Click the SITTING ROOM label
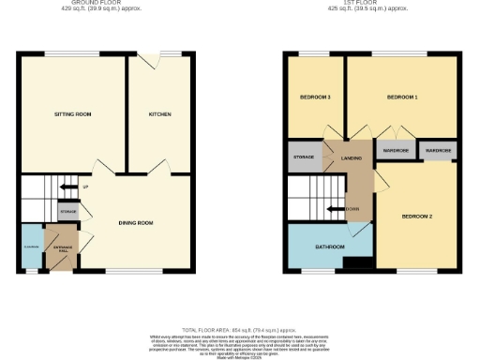pyautogui.click(x=72, y=114)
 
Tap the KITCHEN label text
pyautogui.click(x=159, y=114)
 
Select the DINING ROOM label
pyautogui.click(x=135, y=223)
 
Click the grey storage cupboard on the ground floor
pyautogui.click(x=67, y=213)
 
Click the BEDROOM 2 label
pyautogui.click(x=416, y=216)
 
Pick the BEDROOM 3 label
pyautogui.click(x=315, y=97)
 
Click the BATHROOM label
pyautogui.click(x=329, y=247)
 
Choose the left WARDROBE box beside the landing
pyautogui.click(x=395, y=150)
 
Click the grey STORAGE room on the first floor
pyautogui.click(x=304, y=157)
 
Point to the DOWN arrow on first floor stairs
pyautogui.click(x=348, y=208)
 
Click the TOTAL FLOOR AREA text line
pyautogui.click(x=238, y=329)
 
